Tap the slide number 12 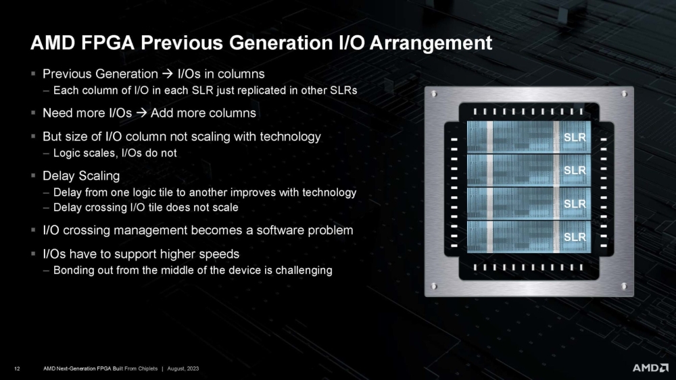click(17, 368)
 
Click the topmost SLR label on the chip click(575, 138)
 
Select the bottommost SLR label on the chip click(575, 237)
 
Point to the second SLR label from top click(575, 171)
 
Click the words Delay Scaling click(81, 176)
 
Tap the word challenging click(300, 271)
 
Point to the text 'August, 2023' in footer click(182, 368)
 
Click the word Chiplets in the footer click(146, 368)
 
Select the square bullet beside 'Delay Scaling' click(33, 176)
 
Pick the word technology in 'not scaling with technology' click(289, 137)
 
